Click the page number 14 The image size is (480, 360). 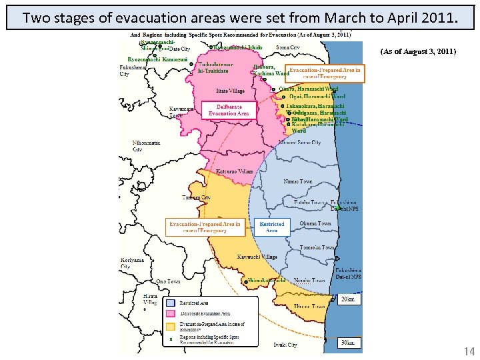point(469,350)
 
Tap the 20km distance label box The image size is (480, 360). point(347,299)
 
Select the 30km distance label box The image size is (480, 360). point(347,343)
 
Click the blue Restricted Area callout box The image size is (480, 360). point(271,227)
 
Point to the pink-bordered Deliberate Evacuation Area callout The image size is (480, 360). point(229,110)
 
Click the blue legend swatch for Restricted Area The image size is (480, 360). point(171,303)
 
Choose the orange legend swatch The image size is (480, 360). point(171,327)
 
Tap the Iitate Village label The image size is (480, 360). point(231,91)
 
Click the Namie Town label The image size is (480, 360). point(297,181)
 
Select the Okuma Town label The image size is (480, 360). point(315,223)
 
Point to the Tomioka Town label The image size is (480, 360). point(317,247)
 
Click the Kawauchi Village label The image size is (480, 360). point(257,257)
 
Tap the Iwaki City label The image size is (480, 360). point(285,345)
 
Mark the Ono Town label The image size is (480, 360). point(169,281)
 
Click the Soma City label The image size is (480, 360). point(287,48)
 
